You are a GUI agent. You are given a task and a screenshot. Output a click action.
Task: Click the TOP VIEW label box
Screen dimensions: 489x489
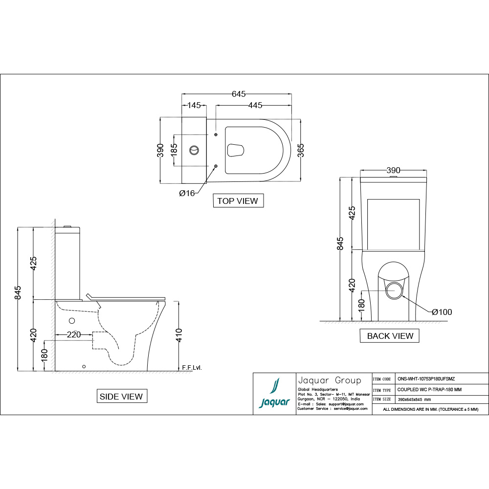238,200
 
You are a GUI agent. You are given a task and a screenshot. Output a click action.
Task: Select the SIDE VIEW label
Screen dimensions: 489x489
121,396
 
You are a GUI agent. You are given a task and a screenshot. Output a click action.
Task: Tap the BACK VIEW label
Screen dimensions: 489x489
390,336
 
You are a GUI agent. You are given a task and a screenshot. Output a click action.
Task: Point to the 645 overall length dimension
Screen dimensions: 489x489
238,94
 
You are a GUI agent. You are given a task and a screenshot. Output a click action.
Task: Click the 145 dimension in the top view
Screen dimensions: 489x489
194,105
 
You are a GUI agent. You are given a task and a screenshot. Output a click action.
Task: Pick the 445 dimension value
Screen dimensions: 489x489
255,105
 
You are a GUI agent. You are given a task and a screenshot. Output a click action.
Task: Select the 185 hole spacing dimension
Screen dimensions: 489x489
174,150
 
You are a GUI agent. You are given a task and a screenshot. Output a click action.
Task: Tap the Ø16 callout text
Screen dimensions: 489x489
187,193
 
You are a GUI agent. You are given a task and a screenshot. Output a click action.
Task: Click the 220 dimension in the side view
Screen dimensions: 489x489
74,335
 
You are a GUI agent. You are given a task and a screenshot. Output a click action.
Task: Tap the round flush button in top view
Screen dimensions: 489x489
194,150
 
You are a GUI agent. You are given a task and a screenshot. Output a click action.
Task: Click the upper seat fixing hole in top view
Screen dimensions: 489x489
216,134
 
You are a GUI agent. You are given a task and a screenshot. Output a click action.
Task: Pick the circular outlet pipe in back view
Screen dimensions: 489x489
394,290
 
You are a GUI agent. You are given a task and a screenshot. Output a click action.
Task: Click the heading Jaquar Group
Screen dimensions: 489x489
329,380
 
